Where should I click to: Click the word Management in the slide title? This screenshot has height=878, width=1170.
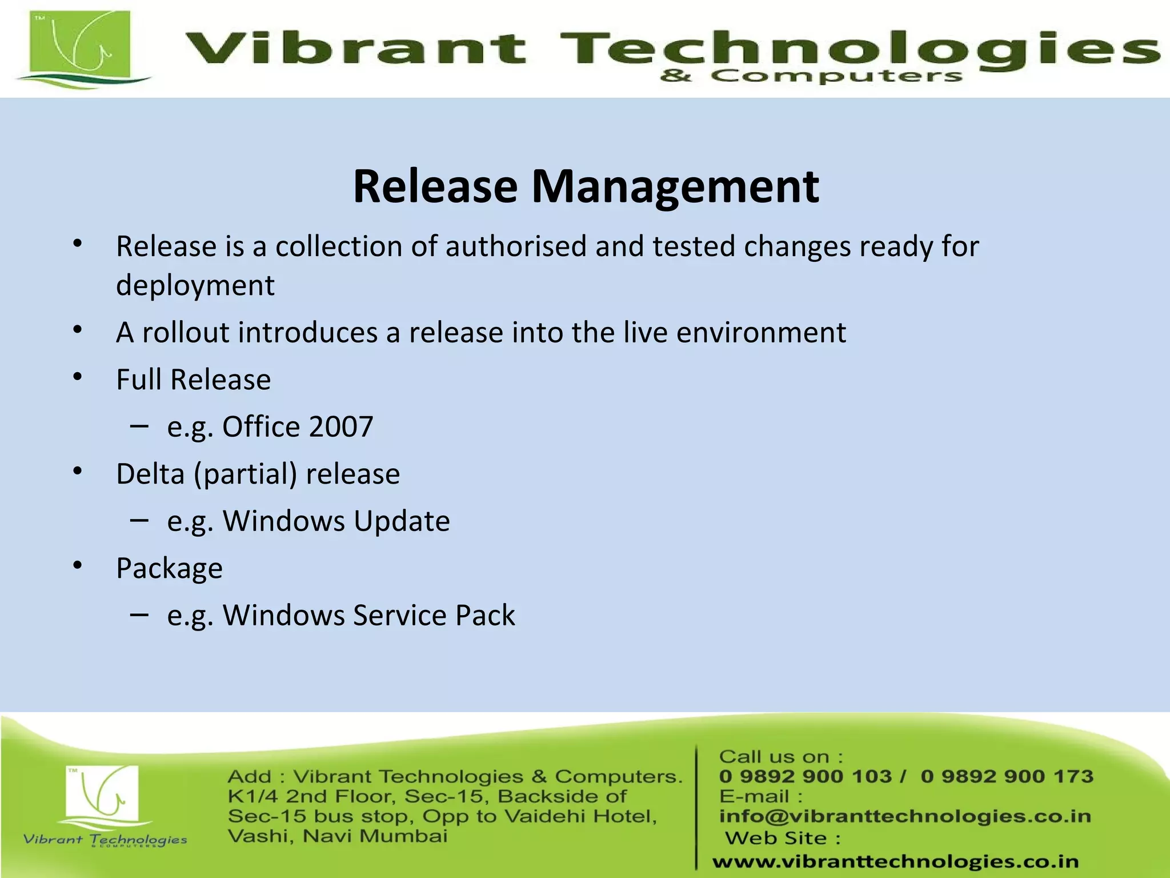pos(675,187)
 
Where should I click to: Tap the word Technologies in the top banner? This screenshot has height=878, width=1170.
pos(857,48)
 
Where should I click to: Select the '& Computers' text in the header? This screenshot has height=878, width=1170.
pos(811,76)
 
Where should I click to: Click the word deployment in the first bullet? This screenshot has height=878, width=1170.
pos(195,285)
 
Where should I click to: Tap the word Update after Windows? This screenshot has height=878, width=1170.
pos(402,521)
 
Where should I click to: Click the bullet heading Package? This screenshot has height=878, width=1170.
pos(169,569)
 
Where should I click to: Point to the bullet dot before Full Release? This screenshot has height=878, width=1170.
pos(78,377)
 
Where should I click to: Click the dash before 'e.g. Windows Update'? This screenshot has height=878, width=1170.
pos(139,520)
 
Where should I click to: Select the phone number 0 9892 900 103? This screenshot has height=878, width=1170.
pos(805,776)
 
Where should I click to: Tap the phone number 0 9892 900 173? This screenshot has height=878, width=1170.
pos(1007,776)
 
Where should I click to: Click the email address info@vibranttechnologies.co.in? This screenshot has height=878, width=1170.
pos(905,816)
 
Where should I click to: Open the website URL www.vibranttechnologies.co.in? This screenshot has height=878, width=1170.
pos(895,861)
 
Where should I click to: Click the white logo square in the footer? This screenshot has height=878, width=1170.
pos(102,793)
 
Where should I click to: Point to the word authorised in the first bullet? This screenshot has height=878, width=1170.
pos(516,246)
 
